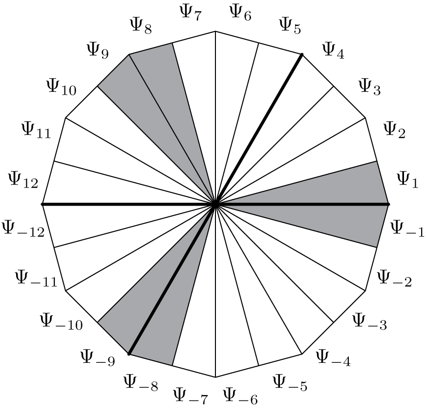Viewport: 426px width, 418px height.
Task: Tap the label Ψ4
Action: click(333, 50)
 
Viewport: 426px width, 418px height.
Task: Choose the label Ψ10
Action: click(61, 87)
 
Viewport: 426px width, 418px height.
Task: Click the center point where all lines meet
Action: click(215, 204)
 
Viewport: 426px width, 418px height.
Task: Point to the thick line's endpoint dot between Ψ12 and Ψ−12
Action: click(43, 204)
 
